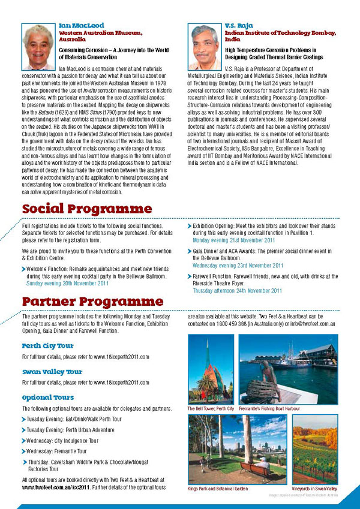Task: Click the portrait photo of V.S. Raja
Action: (x=205, y=47)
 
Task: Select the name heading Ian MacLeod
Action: (x=80, y=26)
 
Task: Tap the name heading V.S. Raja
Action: (x=239, y=26)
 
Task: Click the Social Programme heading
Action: (x=87, y=209)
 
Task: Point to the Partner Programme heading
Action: (x=92, y=300)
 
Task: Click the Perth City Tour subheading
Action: (x=47, y=346)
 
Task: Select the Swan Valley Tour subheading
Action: (x=52, y=372)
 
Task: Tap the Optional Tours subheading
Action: (x=48, y=397)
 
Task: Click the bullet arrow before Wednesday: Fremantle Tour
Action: (x=23, y=451)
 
